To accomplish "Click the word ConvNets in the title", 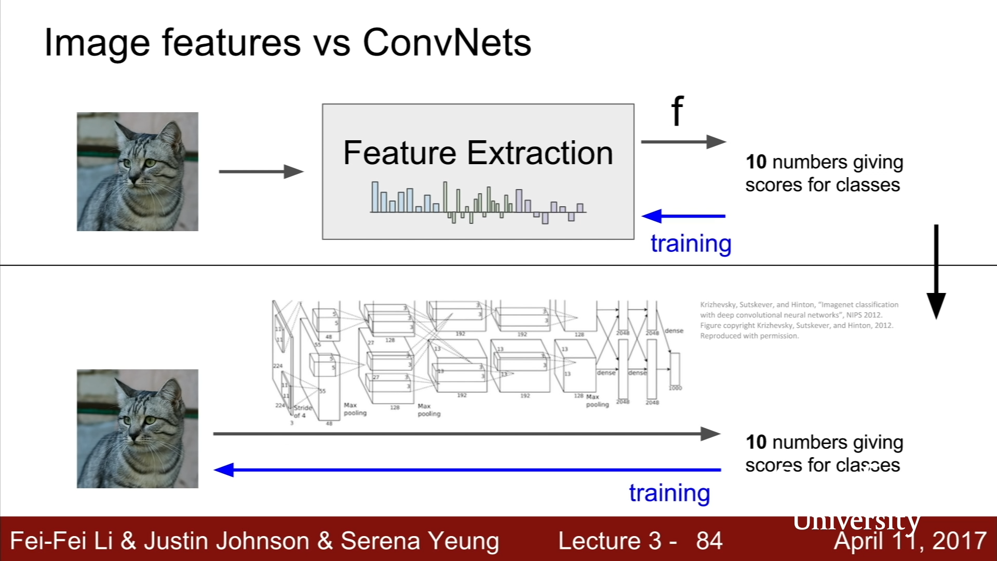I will [x=447, y=43].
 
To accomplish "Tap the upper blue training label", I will [x=691, y=244].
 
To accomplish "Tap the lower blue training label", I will [x=669, y=493].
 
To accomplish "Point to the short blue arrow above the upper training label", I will [x=683, y=216].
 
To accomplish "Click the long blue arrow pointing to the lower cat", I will [x=467, y=470].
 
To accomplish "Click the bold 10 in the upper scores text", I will [x=756, y=162].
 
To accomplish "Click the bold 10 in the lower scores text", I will [x=756, y=442].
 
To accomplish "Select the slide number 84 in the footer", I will [x=709, y=541].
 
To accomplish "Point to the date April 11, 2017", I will [x=910, y=541].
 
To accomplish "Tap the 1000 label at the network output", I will [x=675, y=388].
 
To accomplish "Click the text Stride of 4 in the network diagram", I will [x=302, y=411].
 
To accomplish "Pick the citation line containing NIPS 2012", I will [x=791, y=315].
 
